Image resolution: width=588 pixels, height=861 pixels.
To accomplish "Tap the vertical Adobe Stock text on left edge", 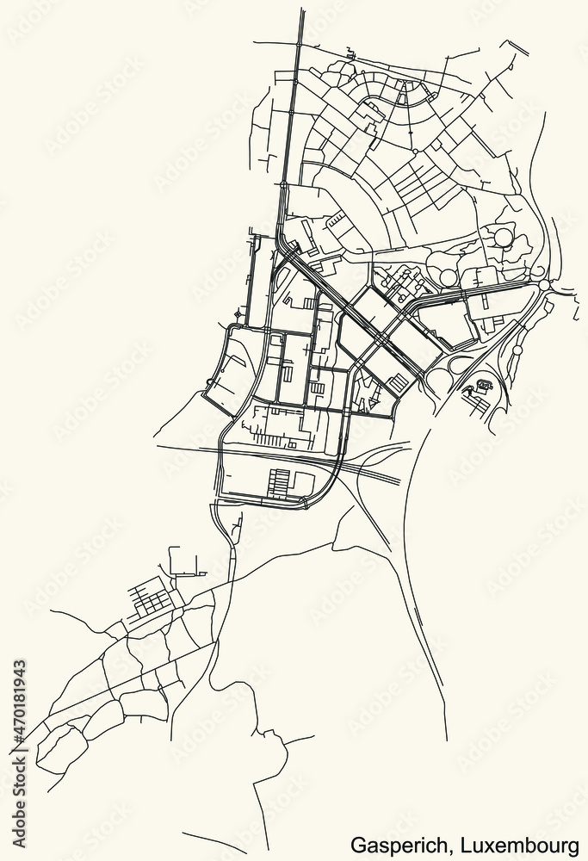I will tap(19, 801).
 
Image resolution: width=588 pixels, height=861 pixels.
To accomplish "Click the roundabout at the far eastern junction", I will tap(543, 285).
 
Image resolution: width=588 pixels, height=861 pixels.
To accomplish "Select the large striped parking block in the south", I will tap(281, 481).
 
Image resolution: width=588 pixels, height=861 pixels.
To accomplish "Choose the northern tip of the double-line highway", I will tap(301, 12).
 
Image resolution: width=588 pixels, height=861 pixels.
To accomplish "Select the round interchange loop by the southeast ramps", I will tap(440, 379).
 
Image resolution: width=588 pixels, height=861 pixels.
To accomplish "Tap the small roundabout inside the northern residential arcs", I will tap(416, 151).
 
